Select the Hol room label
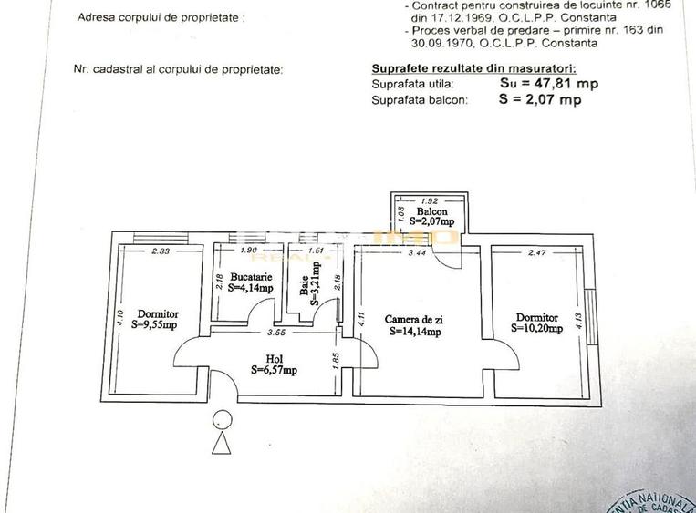click(x=274, y=359)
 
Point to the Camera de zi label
click(x=414, y=319)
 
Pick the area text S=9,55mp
click(x=154, y=323)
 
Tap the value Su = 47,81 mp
click(x=549, y=83)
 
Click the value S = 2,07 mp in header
click(x=540, y=100)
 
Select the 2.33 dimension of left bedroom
click(x=162, y=251)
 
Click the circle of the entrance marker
click(x=222, y=420)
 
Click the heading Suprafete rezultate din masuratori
click(x=473, y=68)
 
